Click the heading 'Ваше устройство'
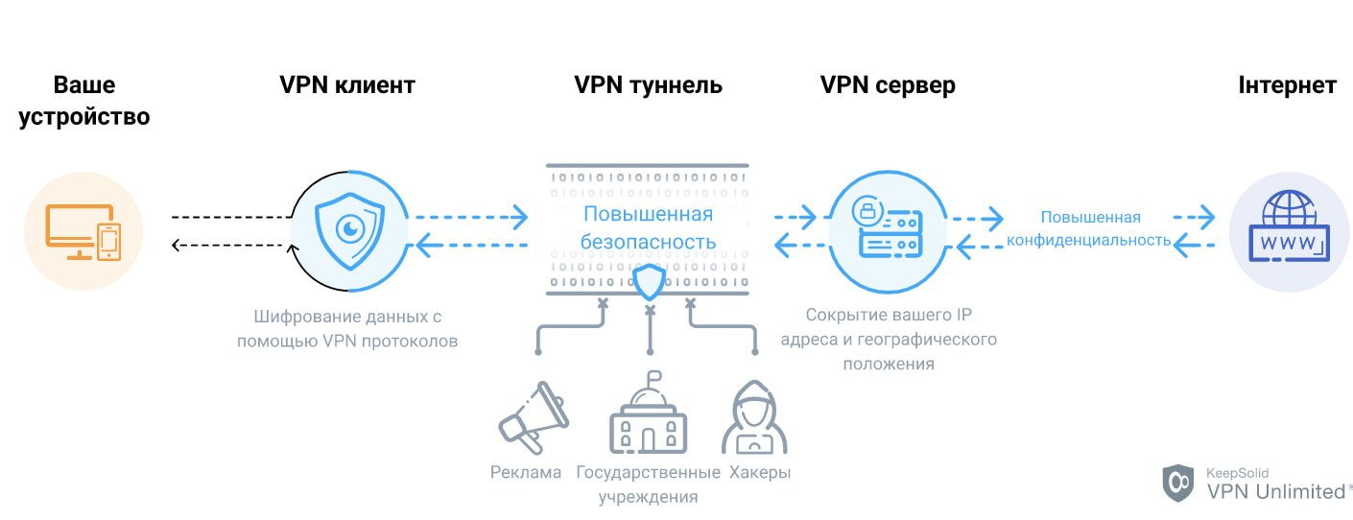point(83,101)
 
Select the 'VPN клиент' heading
point(347,85)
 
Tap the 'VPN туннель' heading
point(648,85)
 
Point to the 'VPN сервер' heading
point(888,85)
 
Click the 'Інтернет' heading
point(1287,85)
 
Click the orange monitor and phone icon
point(83,233)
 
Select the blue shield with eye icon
point(351,231)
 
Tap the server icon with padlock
point(888,231)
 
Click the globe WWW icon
point(1288,231)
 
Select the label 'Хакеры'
point(760,473)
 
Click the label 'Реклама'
point(526,473)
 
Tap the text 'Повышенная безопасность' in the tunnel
point(648,227)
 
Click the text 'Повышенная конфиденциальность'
point(1090,228)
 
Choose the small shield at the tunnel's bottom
point(650,283)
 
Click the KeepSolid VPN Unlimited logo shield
point(1178,484)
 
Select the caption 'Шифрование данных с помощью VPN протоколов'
point(347,328)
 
